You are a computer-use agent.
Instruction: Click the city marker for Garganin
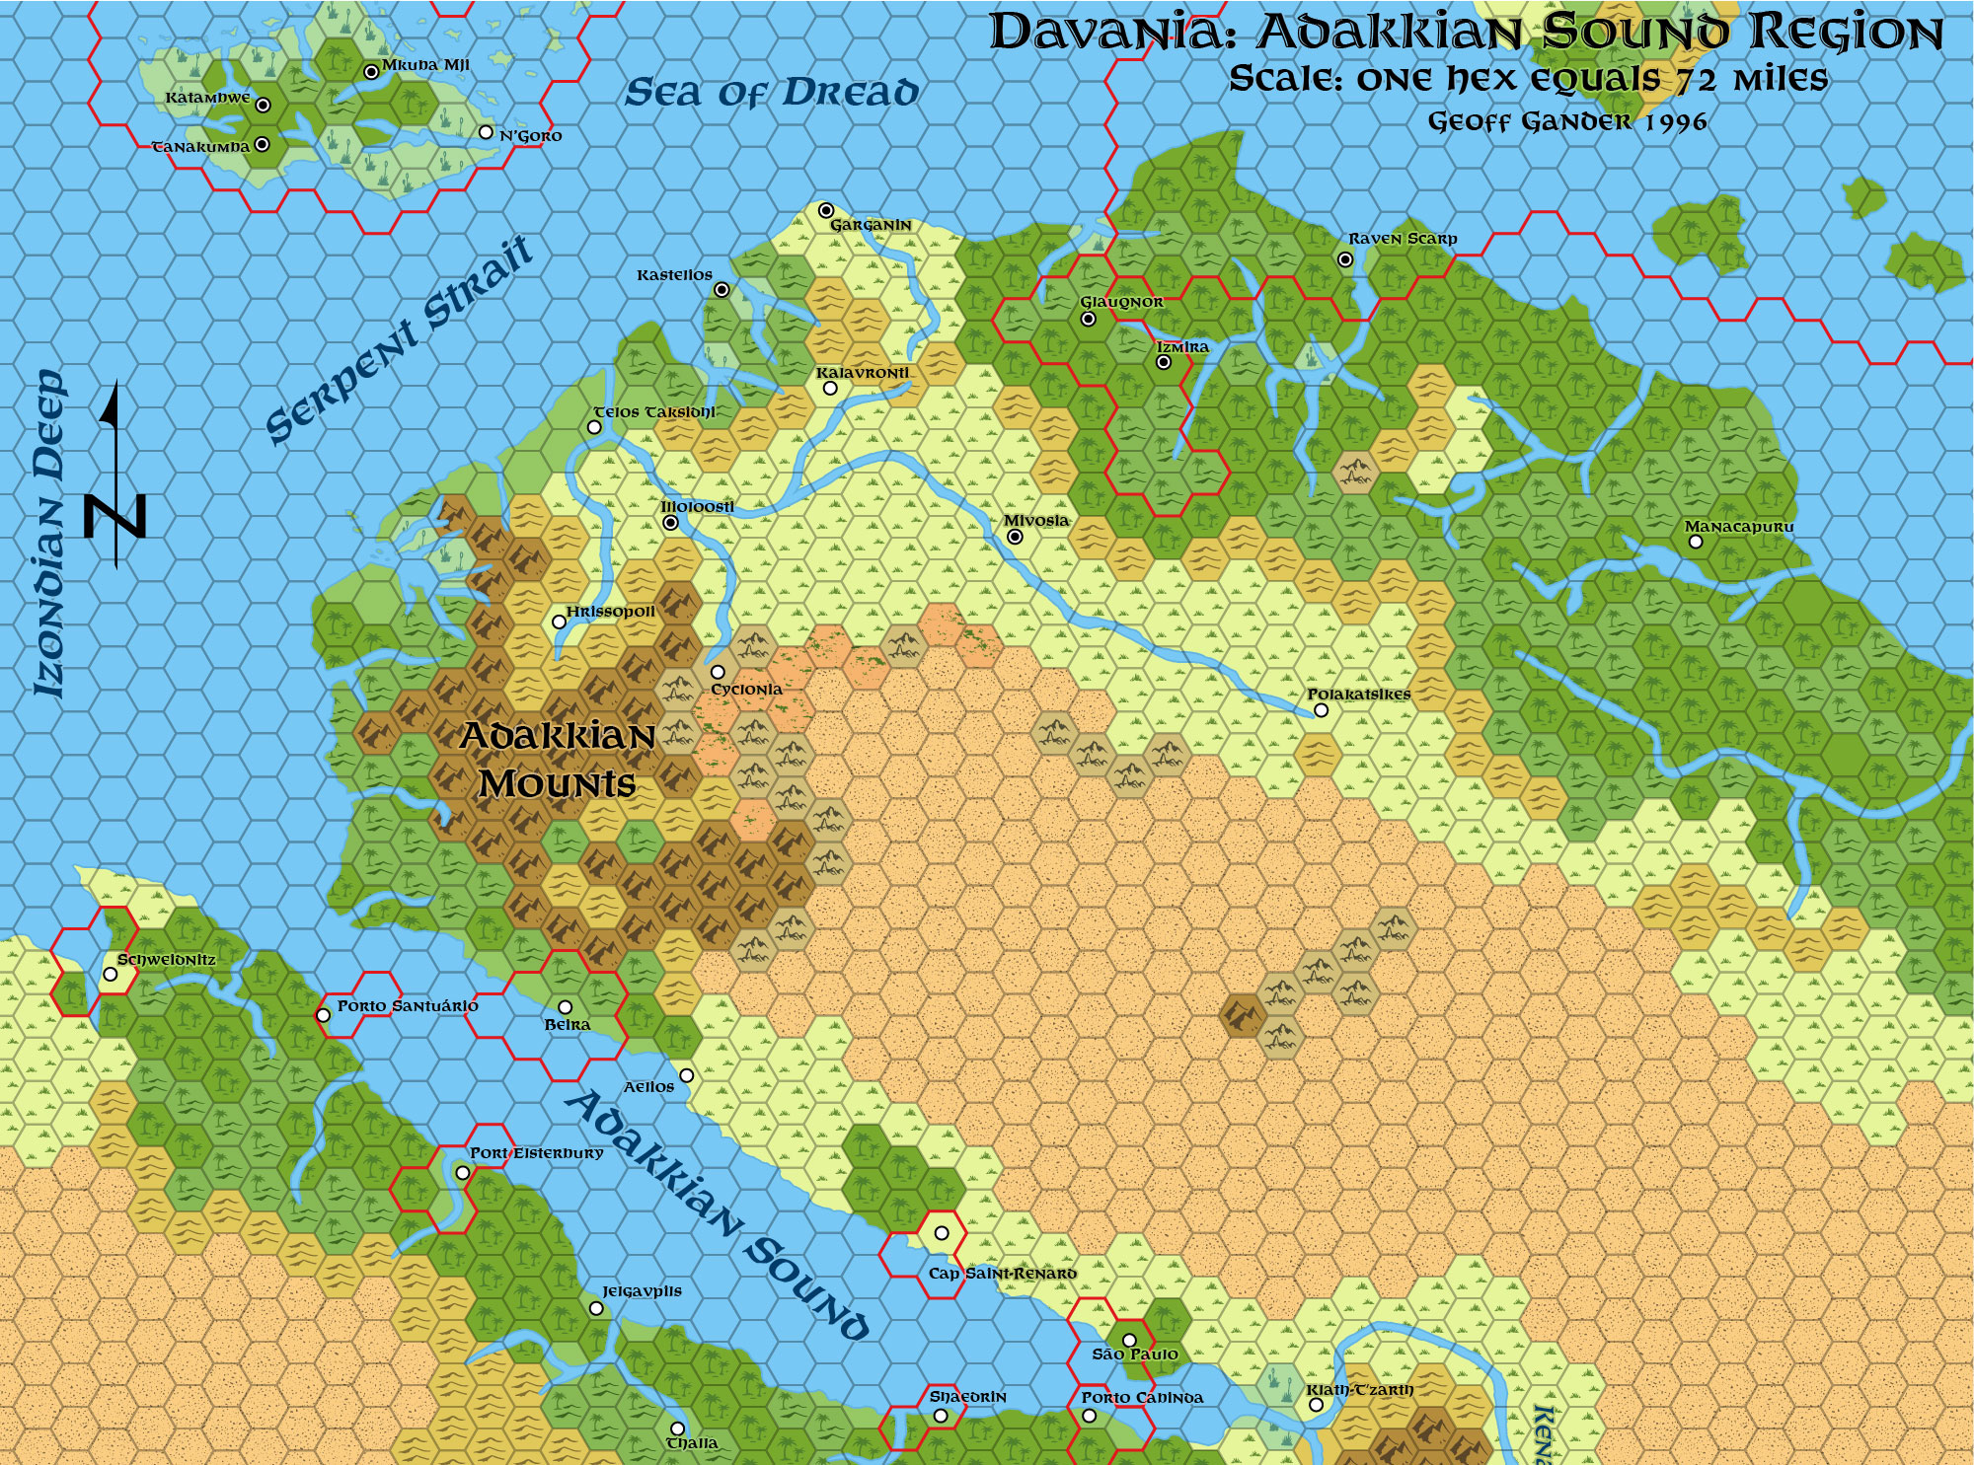[x=826, y=210]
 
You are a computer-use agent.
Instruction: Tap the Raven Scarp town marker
[x=1345, y=259]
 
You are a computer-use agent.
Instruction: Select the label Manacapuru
[x=1738, y=527]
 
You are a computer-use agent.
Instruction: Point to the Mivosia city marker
[x=1015, y=537]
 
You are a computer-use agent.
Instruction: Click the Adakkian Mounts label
[x=558, y=760]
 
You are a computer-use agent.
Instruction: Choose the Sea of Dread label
[x=772, y=93]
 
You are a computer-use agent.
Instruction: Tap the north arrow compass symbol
[x=116, y=474]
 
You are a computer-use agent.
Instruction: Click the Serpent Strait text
[x=400, y=340]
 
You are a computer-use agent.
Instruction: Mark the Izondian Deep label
[x=49, y=533]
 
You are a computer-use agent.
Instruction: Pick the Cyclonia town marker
[x=718, y=672]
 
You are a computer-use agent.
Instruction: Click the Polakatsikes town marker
[x=1322, y=710]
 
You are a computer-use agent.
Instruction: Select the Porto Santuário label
[x=408, y=1006]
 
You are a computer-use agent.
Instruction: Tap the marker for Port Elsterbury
[x=462, y=1173]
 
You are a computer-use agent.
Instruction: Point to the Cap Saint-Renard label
[x=1002, y=1274]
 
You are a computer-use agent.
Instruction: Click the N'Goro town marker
[x=486, y=132]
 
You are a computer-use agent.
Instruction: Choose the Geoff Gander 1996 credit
[x=1567, y=121]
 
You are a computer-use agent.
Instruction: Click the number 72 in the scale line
[x=1691, y=79]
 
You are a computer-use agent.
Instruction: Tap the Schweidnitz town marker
[x=111, y=975]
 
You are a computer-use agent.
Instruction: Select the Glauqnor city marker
[x=1088, y=319]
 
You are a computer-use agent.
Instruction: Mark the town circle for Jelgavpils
[x=596, y=1308]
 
